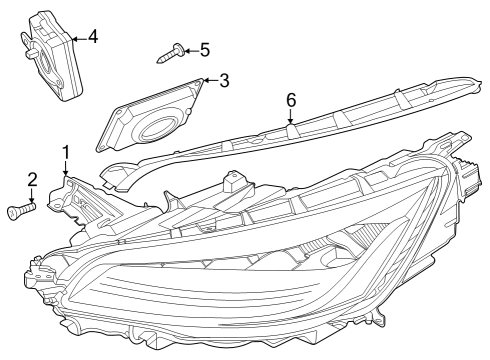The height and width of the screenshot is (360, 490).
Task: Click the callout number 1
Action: tap(67, 153)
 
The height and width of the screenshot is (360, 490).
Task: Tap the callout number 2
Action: tap(32, 180)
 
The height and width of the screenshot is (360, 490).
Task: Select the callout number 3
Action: tap(224, 80)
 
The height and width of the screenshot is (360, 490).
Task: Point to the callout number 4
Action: tap(92, 37)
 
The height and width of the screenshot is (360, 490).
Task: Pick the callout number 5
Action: tap(204, 49)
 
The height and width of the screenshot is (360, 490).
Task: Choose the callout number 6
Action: tap(291, 100)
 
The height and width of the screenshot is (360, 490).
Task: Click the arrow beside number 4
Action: tap(79, 38)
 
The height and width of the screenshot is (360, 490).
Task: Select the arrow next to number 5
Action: tap(189, 49)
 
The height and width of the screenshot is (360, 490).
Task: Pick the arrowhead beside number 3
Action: tap(207, 81)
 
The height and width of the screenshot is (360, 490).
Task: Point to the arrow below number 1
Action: tap(67, 170)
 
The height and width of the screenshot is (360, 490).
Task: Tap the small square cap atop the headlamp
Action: tap(234, 182)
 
